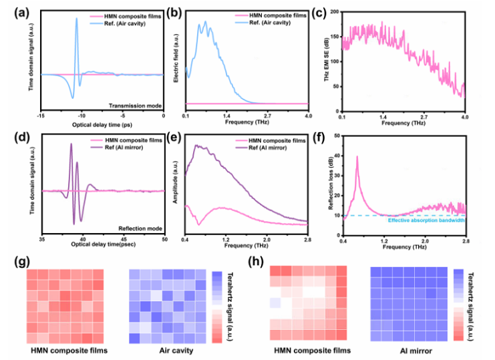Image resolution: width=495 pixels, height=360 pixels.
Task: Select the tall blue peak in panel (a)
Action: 77,19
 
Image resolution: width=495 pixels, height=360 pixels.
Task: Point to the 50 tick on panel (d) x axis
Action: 164,239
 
